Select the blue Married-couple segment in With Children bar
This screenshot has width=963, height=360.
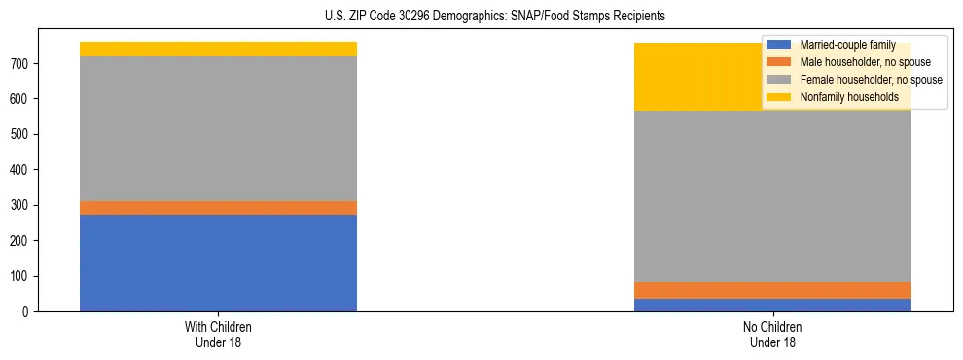coord(218,263)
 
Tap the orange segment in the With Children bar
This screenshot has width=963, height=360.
coord(218,208)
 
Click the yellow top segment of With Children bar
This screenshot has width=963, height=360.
coord(218,50)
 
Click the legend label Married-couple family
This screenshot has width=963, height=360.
coord(847,45)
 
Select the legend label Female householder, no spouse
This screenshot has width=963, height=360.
coord(871,80)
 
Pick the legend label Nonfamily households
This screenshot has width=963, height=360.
coord(849,97)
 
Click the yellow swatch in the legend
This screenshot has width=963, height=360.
coord(779,97)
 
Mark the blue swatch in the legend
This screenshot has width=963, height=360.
coord(779,45)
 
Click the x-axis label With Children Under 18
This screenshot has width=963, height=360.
coord(218,334)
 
